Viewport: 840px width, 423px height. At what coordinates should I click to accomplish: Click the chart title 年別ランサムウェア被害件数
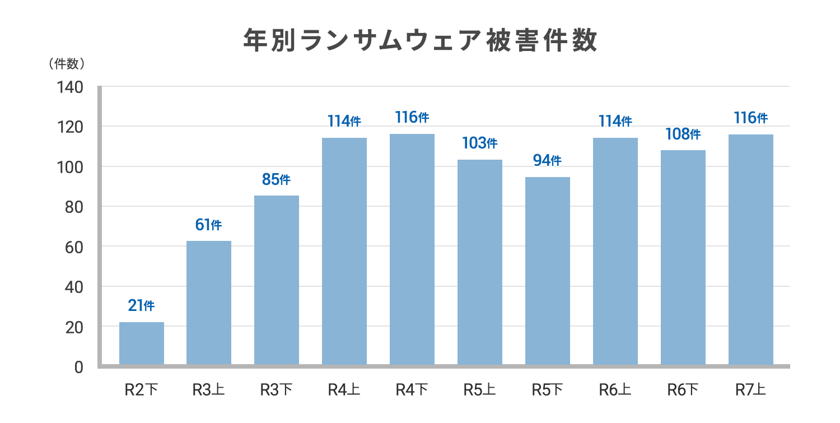420,40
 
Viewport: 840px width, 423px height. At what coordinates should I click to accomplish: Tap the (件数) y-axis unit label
67,64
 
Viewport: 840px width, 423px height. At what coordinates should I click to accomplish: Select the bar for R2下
141,343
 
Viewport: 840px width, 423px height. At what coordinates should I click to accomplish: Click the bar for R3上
209,303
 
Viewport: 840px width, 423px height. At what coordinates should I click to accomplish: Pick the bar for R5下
548,271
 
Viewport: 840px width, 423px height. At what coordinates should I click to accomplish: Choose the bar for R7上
751,249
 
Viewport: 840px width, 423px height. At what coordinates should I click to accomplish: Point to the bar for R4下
412,249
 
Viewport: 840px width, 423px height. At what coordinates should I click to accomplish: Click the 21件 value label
141,305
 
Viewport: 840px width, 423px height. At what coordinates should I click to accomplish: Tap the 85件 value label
277,179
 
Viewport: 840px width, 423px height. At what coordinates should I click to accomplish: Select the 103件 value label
479,143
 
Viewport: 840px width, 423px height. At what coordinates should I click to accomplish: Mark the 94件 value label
548,161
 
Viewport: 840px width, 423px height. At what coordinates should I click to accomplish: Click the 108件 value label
683,134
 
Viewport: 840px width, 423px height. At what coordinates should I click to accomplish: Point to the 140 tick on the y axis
70,87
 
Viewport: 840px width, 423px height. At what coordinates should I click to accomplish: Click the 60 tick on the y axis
74,248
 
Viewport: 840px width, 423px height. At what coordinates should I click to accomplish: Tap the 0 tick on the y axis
79,368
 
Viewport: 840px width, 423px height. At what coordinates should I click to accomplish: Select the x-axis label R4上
344,390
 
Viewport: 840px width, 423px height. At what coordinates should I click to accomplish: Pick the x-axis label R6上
615,390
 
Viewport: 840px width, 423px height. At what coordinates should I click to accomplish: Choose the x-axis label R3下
277,390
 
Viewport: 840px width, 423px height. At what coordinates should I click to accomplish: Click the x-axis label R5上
479,390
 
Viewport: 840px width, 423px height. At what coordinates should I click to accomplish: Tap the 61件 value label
208,225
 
